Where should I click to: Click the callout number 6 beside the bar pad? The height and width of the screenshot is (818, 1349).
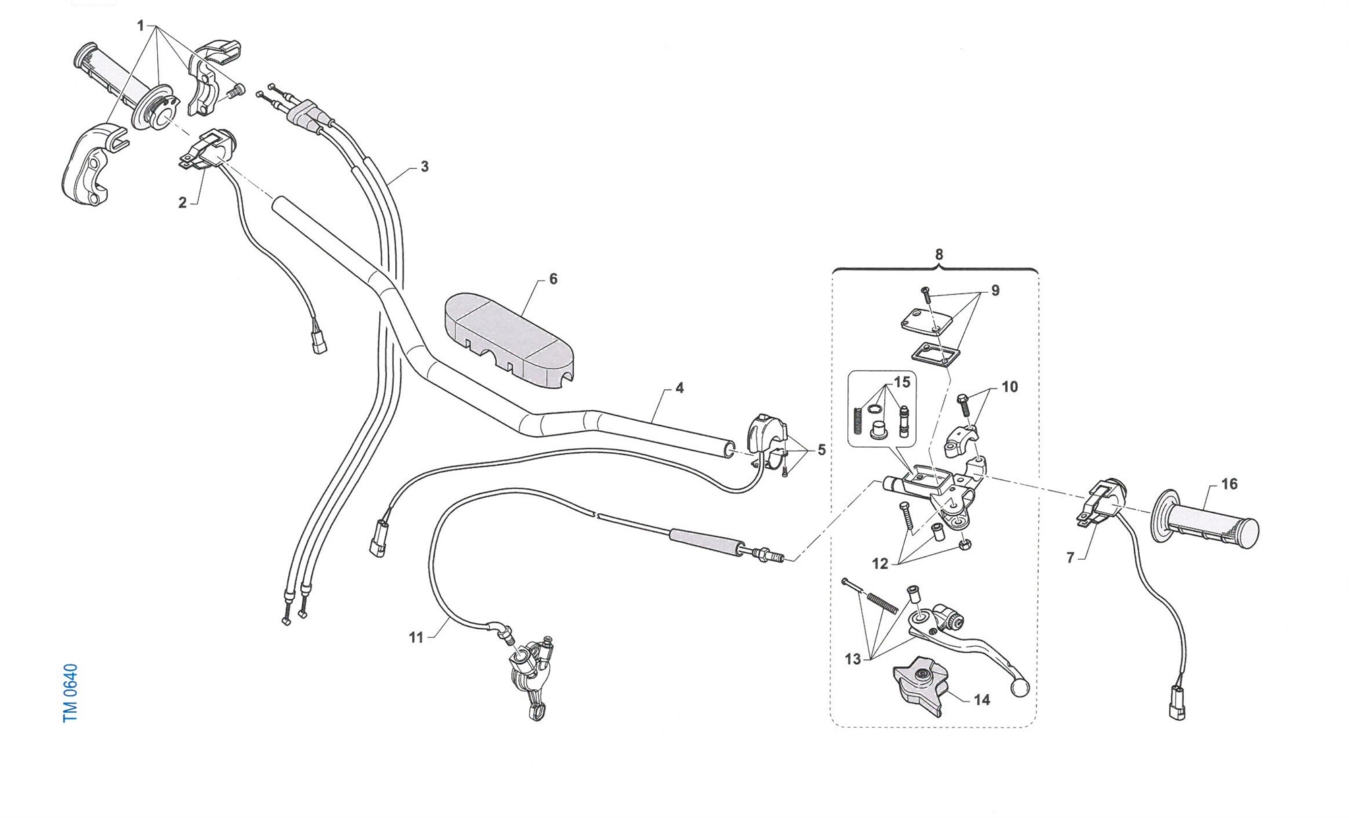[553, 279]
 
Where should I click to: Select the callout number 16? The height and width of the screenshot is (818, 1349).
[1229, 484]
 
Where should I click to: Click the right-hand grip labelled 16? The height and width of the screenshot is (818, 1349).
[1207, 525]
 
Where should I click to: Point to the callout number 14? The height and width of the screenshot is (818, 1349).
[981, 700]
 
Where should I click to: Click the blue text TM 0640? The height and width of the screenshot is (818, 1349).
[70, 693]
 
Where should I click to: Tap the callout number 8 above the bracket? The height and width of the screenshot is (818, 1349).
[939, 255]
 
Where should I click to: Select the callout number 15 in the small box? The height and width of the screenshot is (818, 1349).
[902, 382]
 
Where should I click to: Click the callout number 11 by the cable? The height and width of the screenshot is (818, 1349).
[415, 637]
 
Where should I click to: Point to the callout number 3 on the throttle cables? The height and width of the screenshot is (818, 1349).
[424, 167]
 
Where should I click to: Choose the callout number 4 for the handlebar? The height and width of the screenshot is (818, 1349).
[679, 388]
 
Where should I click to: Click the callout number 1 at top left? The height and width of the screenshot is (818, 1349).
[140, 26]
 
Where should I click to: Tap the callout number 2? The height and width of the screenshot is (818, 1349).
[182, 203]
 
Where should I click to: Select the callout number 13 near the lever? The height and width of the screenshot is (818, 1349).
[853, 659]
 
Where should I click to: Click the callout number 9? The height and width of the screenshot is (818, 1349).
[995, 291]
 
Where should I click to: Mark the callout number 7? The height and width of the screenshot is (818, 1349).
[1070, 558]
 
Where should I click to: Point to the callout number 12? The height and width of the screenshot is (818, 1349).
[880, 564]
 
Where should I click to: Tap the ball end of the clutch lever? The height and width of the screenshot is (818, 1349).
[1019, 688]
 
